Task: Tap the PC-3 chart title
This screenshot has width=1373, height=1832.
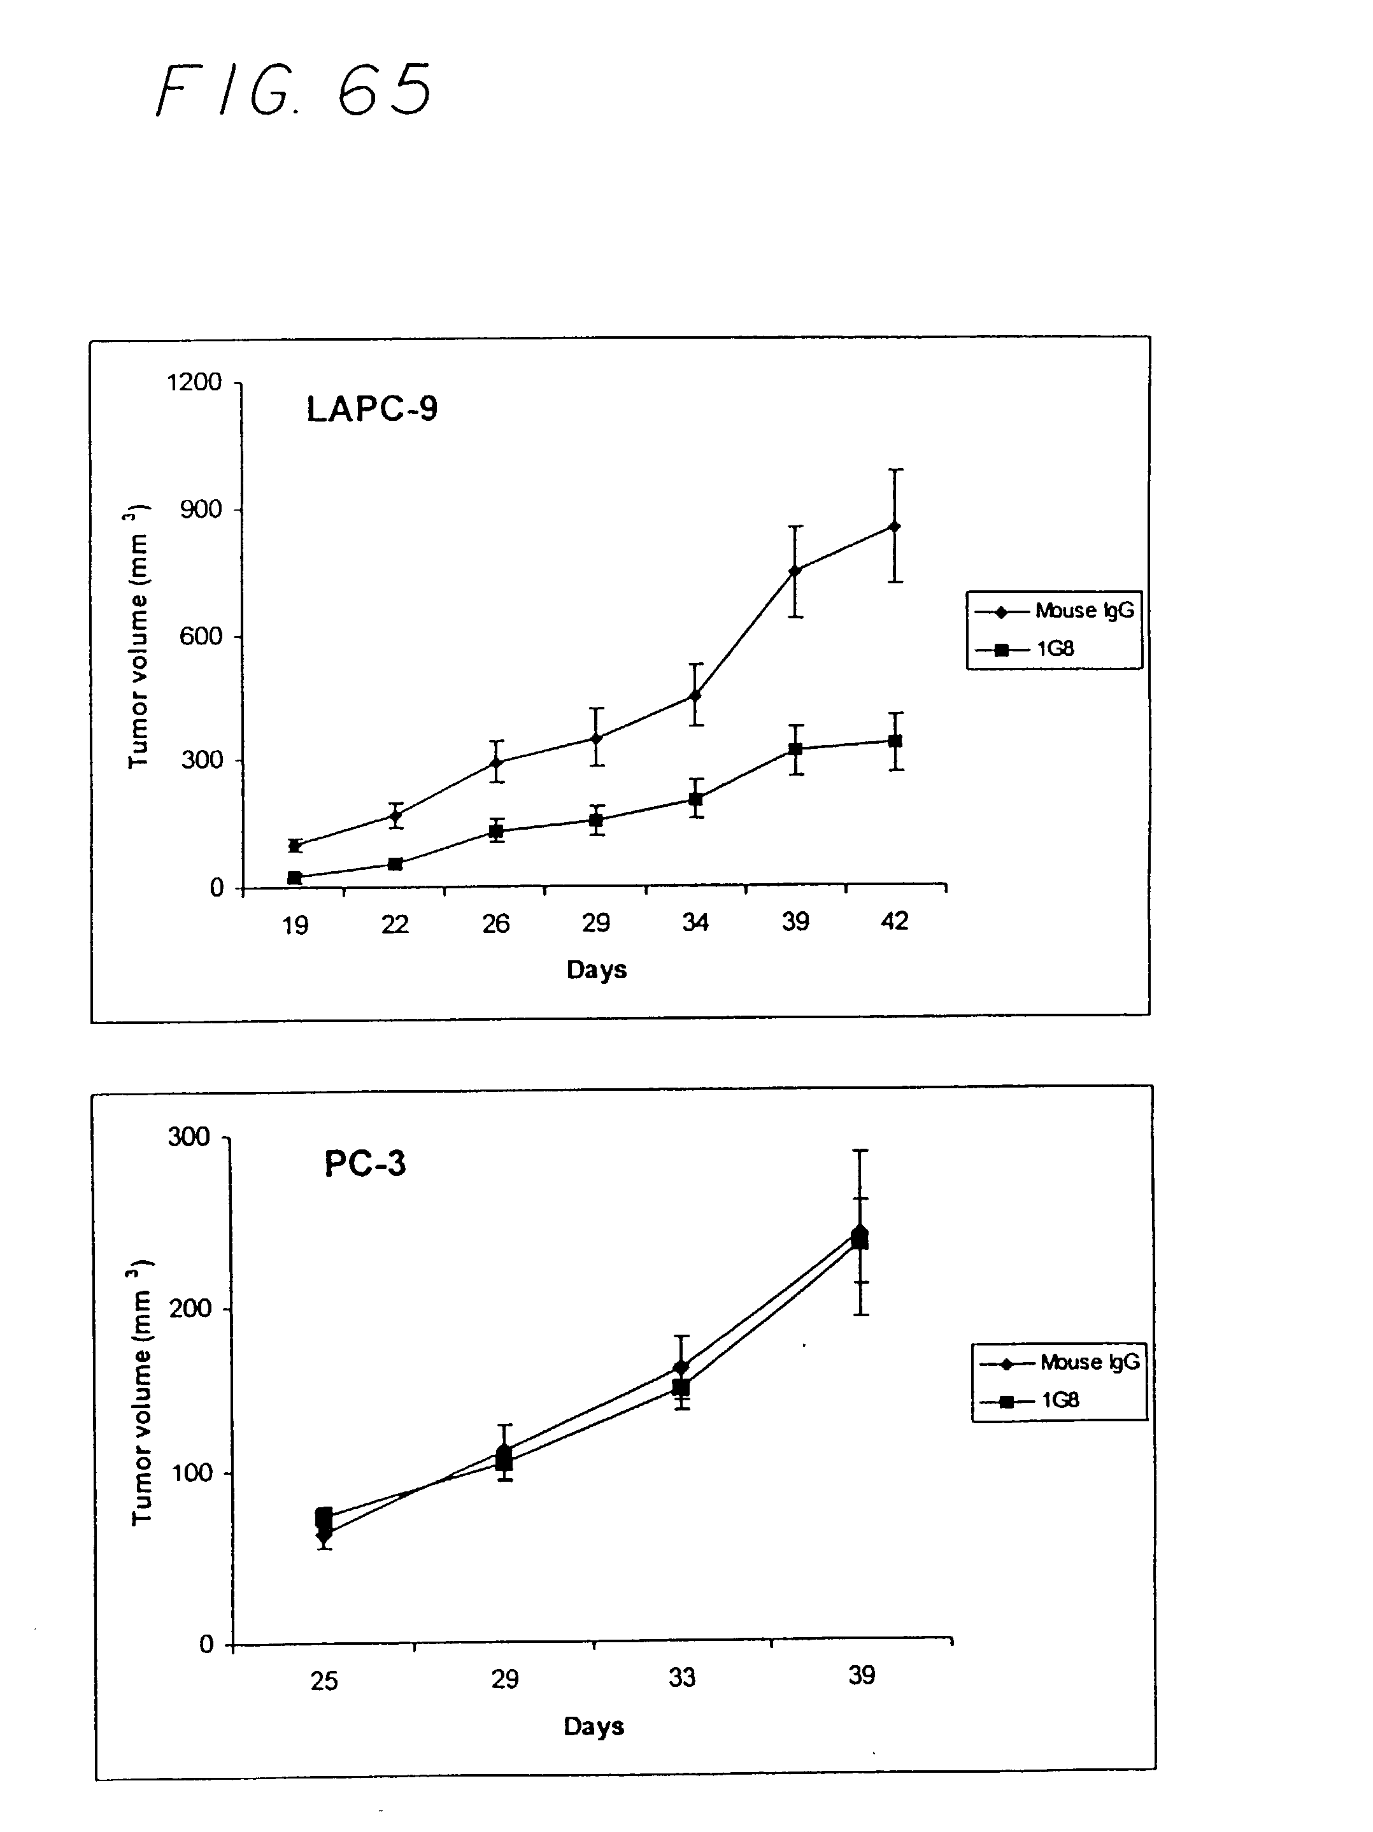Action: click(364, 1163)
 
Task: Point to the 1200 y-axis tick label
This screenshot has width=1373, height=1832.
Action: click(194, 382)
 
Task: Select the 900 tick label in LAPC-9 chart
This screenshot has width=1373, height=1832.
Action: click(201, 509)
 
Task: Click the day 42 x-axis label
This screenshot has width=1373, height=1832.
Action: click(894, 921)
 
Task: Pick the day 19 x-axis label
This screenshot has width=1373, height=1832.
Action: click(295, 925)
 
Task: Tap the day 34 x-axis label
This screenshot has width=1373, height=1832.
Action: click(695, 922)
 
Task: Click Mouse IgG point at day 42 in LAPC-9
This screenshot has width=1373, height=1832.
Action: click(894, 526)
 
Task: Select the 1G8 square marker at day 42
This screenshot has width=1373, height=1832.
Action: click(894, 741)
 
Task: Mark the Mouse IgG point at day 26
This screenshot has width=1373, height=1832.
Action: click(496, 762)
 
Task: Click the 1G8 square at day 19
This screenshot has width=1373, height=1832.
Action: click(295, 877)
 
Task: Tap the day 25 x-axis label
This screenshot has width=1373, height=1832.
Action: click(324, 1680)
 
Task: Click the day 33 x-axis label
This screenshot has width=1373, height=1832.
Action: click(681, 1677)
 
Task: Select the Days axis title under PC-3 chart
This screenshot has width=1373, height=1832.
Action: click(593, 1726)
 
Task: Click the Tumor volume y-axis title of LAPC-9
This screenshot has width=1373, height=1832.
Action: click(138, 636)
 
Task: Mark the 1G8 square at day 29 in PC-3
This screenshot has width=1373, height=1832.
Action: click(504, 1462)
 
